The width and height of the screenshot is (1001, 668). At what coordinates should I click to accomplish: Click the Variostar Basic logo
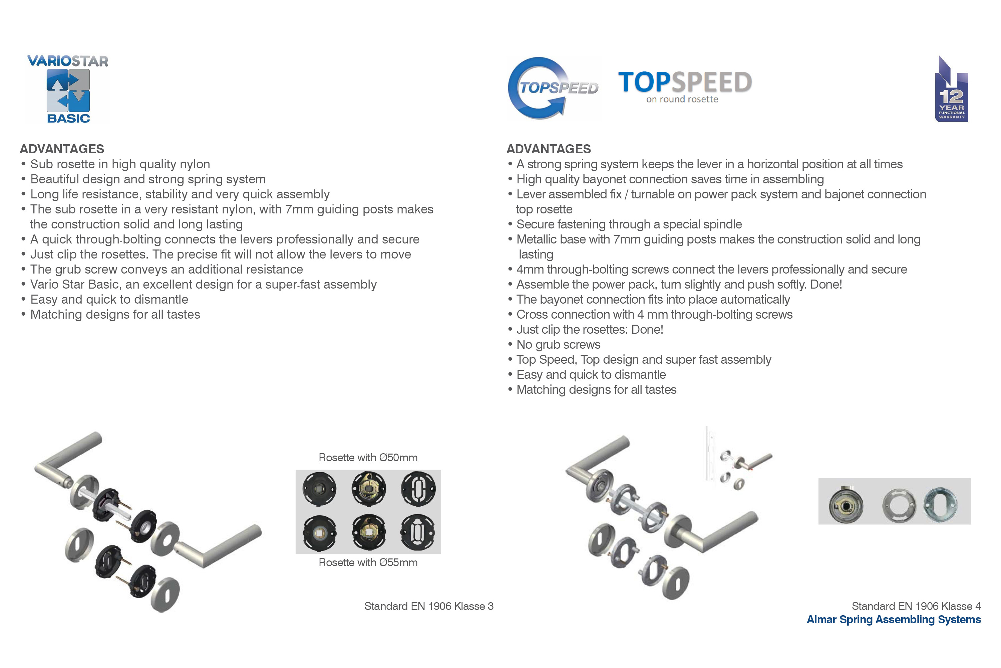click(x=68, y=89)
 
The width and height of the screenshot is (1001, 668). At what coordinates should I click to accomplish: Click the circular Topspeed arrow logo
click(x=553, y=88)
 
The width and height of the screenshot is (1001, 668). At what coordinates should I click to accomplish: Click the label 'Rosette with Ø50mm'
click(x=368, y=458)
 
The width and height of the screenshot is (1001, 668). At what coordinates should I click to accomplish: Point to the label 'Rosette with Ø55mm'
click(x=368, y=562)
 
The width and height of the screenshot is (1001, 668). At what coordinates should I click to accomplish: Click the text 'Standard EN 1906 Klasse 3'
click(x=428, y=606)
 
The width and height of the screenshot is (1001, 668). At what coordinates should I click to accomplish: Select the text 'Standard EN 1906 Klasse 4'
click(x=916, y=606)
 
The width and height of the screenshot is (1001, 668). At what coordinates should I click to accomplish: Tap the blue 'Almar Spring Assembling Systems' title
click(x=894, y=620)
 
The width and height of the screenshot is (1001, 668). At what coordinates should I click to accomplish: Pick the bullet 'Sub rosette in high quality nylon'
click(x=115, y=164)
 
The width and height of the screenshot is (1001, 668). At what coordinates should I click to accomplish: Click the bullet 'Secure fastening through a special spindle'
click(x=624, y=224)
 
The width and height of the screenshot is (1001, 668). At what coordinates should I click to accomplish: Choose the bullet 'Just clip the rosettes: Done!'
click(x=585, y=329)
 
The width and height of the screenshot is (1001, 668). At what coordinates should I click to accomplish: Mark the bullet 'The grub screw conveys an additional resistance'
click(x=162, y=269)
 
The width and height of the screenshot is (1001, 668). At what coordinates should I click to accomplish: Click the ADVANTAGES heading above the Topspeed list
click(x=549, y=149)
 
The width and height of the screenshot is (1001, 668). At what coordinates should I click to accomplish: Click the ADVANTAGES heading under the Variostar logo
click(x=62, y=149)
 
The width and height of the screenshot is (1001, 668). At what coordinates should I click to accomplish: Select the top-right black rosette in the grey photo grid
click(x=418, y=489)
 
